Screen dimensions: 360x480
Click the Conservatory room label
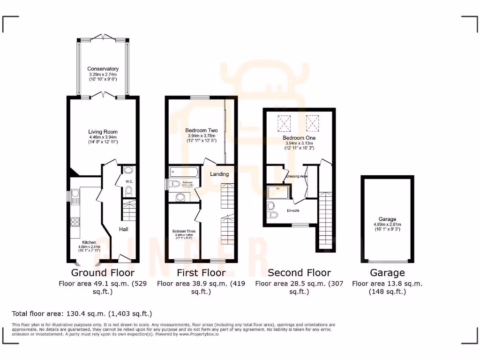pos(103,69)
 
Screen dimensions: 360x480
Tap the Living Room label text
pos(103,132)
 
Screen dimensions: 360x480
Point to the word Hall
pos(123,229)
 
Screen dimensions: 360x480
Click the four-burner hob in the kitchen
pos(75,222)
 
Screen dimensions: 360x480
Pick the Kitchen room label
pos(89,242)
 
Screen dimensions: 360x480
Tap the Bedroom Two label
pos(202,130)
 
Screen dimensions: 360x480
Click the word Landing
pos(219,174)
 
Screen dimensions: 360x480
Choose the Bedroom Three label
pos(184,232)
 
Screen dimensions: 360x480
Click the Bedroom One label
pos(299,138)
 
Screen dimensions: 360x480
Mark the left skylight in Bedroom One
pos(284,123)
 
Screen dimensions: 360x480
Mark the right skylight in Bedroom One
pos(313,123)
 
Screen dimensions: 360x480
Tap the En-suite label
pos(293,210)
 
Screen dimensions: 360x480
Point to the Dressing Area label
pos(296,176)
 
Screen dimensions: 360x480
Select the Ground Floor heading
pos(103,273)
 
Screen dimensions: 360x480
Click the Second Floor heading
pos(299,273)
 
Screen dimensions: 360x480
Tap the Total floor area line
pos(82,314)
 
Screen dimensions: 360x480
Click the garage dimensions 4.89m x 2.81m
pos(387,224)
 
